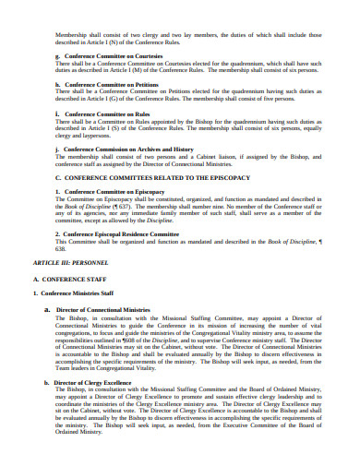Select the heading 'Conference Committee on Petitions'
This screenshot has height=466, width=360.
[107, 83]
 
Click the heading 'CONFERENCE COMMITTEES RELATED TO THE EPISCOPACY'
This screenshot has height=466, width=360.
[146, 175]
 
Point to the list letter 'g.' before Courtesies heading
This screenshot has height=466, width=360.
[58, 55]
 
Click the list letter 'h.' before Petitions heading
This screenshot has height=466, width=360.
[58, 83]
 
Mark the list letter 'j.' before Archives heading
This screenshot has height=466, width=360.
[57, 147]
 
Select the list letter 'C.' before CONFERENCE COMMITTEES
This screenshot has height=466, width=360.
[58, 175]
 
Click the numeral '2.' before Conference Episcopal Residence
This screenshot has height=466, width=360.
[57, 233]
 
